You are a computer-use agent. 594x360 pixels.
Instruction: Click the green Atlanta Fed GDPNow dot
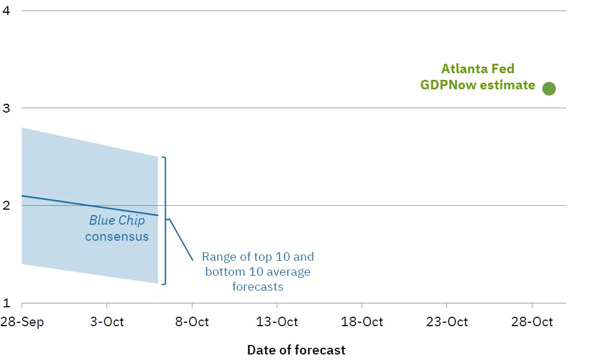pos(549,89)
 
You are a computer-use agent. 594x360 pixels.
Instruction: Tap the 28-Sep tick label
pos(22,322)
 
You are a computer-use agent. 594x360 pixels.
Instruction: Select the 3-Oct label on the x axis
pos(107,322)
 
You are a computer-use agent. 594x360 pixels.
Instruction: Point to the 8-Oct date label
pos(192,322)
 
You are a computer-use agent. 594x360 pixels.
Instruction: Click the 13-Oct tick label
pos(277,322)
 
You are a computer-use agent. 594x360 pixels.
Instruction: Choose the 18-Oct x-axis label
pos(362,322)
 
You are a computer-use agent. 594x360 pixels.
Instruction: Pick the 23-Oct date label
pos(447,322)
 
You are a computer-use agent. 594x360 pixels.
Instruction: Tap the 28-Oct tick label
pos(532,322)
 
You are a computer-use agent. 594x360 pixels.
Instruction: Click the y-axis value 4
pos(6,11)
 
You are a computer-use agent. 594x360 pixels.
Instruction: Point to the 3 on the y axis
pos(6,108)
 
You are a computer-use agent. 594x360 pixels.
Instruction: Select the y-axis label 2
pos(6,205)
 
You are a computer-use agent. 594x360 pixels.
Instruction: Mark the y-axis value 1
pos(6,303)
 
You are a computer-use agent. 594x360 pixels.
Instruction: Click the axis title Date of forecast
pos(296,350)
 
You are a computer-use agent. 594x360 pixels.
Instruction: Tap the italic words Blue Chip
pos(117,220)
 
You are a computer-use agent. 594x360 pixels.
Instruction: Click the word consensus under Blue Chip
pos(116,237)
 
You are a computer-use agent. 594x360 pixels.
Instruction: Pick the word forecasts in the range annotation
pos(257,286)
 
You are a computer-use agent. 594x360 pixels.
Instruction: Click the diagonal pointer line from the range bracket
pos(181,240)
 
